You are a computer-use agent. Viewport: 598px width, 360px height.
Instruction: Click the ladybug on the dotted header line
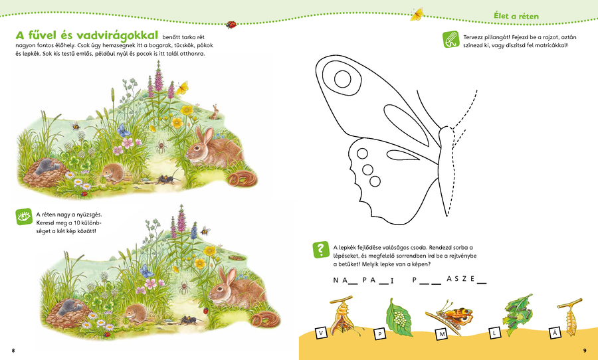pos(231,25)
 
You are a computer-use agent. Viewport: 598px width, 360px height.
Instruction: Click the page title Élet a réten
pos(516,16)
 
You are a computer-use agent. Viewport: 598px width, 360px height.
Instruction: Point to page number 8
pos(13,351)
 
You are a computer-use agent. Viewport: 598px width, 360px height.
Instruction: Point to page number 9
pos(585,351)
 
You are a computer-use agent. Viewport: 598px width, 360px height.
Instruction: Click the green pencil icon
pos(450,39)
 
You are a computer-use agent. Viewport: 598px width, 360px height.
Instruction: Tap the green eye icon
pos(24,217)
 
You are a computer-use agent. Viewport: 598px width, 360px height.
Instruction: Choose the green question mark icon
pos(321,249)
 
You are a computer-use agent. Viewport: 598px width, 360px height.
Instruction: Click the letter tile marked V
pos(321,333)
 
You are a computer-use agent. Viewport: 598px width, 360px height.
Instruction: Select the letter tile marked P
pos(379,335)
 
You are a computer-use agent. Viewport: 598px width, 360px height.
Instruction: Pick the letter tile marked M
pos(442,335)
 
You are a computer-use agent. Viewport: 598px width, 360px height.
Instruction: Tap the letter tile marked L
pos(494,333)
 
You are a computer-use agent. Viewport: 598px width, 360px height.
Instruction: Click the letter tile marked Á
pos(555,333)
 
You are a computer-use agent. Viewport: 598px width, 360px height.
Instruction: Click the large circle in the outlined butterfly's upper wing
pos(342,79)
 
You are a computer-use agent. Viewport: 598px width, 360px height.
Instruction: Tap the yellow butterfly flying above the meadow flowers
pos(181,88)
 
